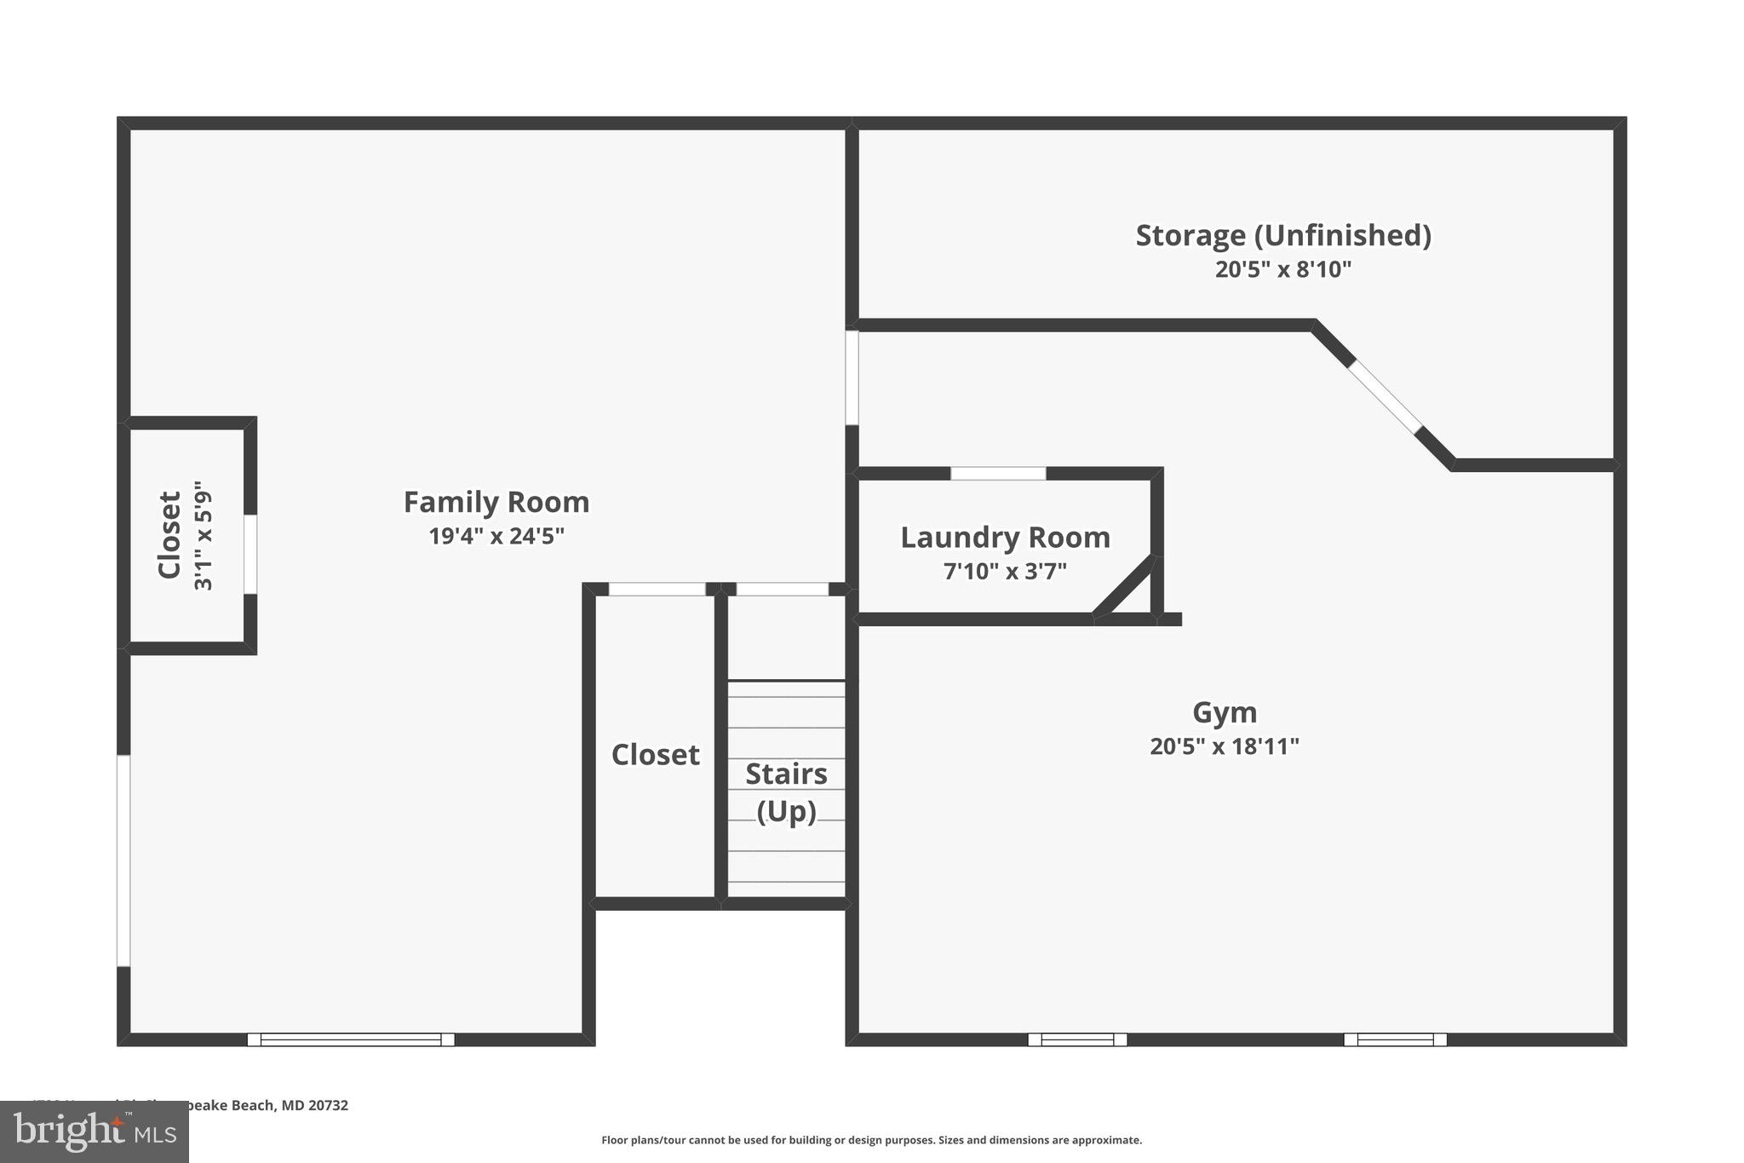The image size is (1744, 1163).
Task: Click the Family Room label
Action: tap(496, 503)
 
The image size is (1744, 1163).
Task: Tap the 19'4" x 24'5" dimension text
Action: tap(496, 537)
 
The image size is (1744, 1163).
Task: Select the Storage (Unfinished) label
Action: tap(1282, 236)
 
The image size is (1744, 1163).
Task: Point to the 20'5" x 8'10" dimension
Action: tap(1282, 270)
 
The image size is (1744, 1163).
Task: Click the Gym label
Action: tap(1224, 712)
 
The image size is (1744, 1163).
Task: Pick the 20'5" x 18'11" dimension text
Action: tap(1224, 747)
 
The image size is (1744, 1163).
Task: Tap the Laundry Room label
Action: tap(1005, 538)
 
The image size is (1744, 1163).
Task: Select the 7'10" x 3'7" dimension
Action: tap(1005, 572)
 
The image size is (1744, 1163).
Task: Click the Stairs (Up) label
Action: tap(786, 792)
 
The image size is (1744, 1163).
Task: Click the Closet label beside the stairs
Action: tap(655, 755)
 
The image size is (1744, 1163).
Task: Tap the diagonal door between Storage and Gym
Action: tap(1385, 397)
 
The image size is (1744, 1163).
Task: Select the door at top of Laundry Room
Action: tap(998, 474)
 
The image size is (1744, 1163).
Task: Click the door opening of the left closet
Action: tap(250, 554)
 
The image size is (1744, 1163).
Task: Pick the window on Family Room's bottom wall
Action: tap(351, 1039)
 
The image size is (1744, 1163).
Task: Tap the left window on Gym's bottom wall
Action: tap(1077, 1039)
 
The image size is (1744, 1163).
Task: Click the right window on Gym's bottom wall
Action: tap(1395, 1039)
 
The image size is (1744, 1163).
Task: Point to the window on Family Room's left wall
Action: tap(123, 861)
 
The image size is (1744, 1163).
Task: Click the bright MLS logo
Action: tap(95, 1131)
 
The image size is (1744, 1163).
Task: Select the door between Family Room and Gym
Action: tap(852, 377)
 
